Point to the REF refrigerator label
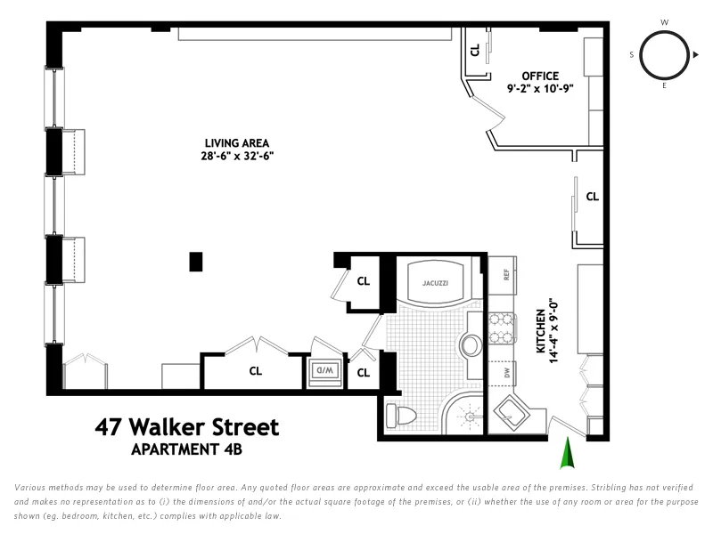tap(505, 275)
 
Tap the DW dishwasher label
tap(505, 373)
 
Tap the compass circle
tap(664, 54)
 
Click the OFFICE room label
tap(540, 76)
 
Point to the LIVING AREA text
tap(236, 143)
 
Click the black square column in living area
tap(195, 262)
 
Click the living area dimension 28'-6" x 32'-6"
tap(236, 156)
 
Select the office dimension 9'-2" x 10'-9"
tap(540, 89)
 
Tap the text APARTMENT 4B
tap(186, 449)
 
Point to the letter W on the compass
tap(664, 22)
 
